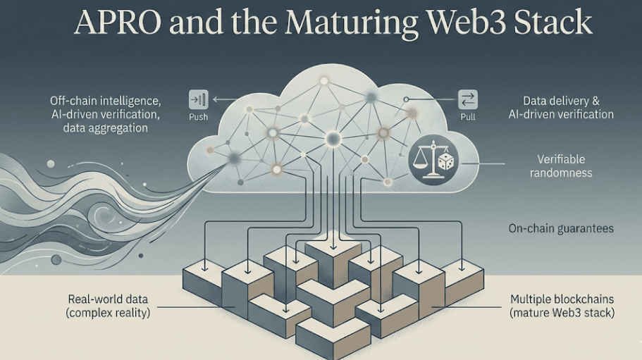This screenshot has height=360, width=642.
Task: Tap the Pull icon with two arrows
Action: [468, 99]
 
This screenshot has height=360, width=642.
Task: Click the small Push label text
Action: [199, 117]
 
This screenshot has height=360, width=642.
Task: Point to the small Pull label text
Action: [468, 117]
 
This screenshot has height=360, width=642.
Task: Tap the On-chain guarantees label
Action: [561, 228]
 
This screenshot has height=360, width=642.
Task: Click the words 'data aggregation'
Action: [105, 128]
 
